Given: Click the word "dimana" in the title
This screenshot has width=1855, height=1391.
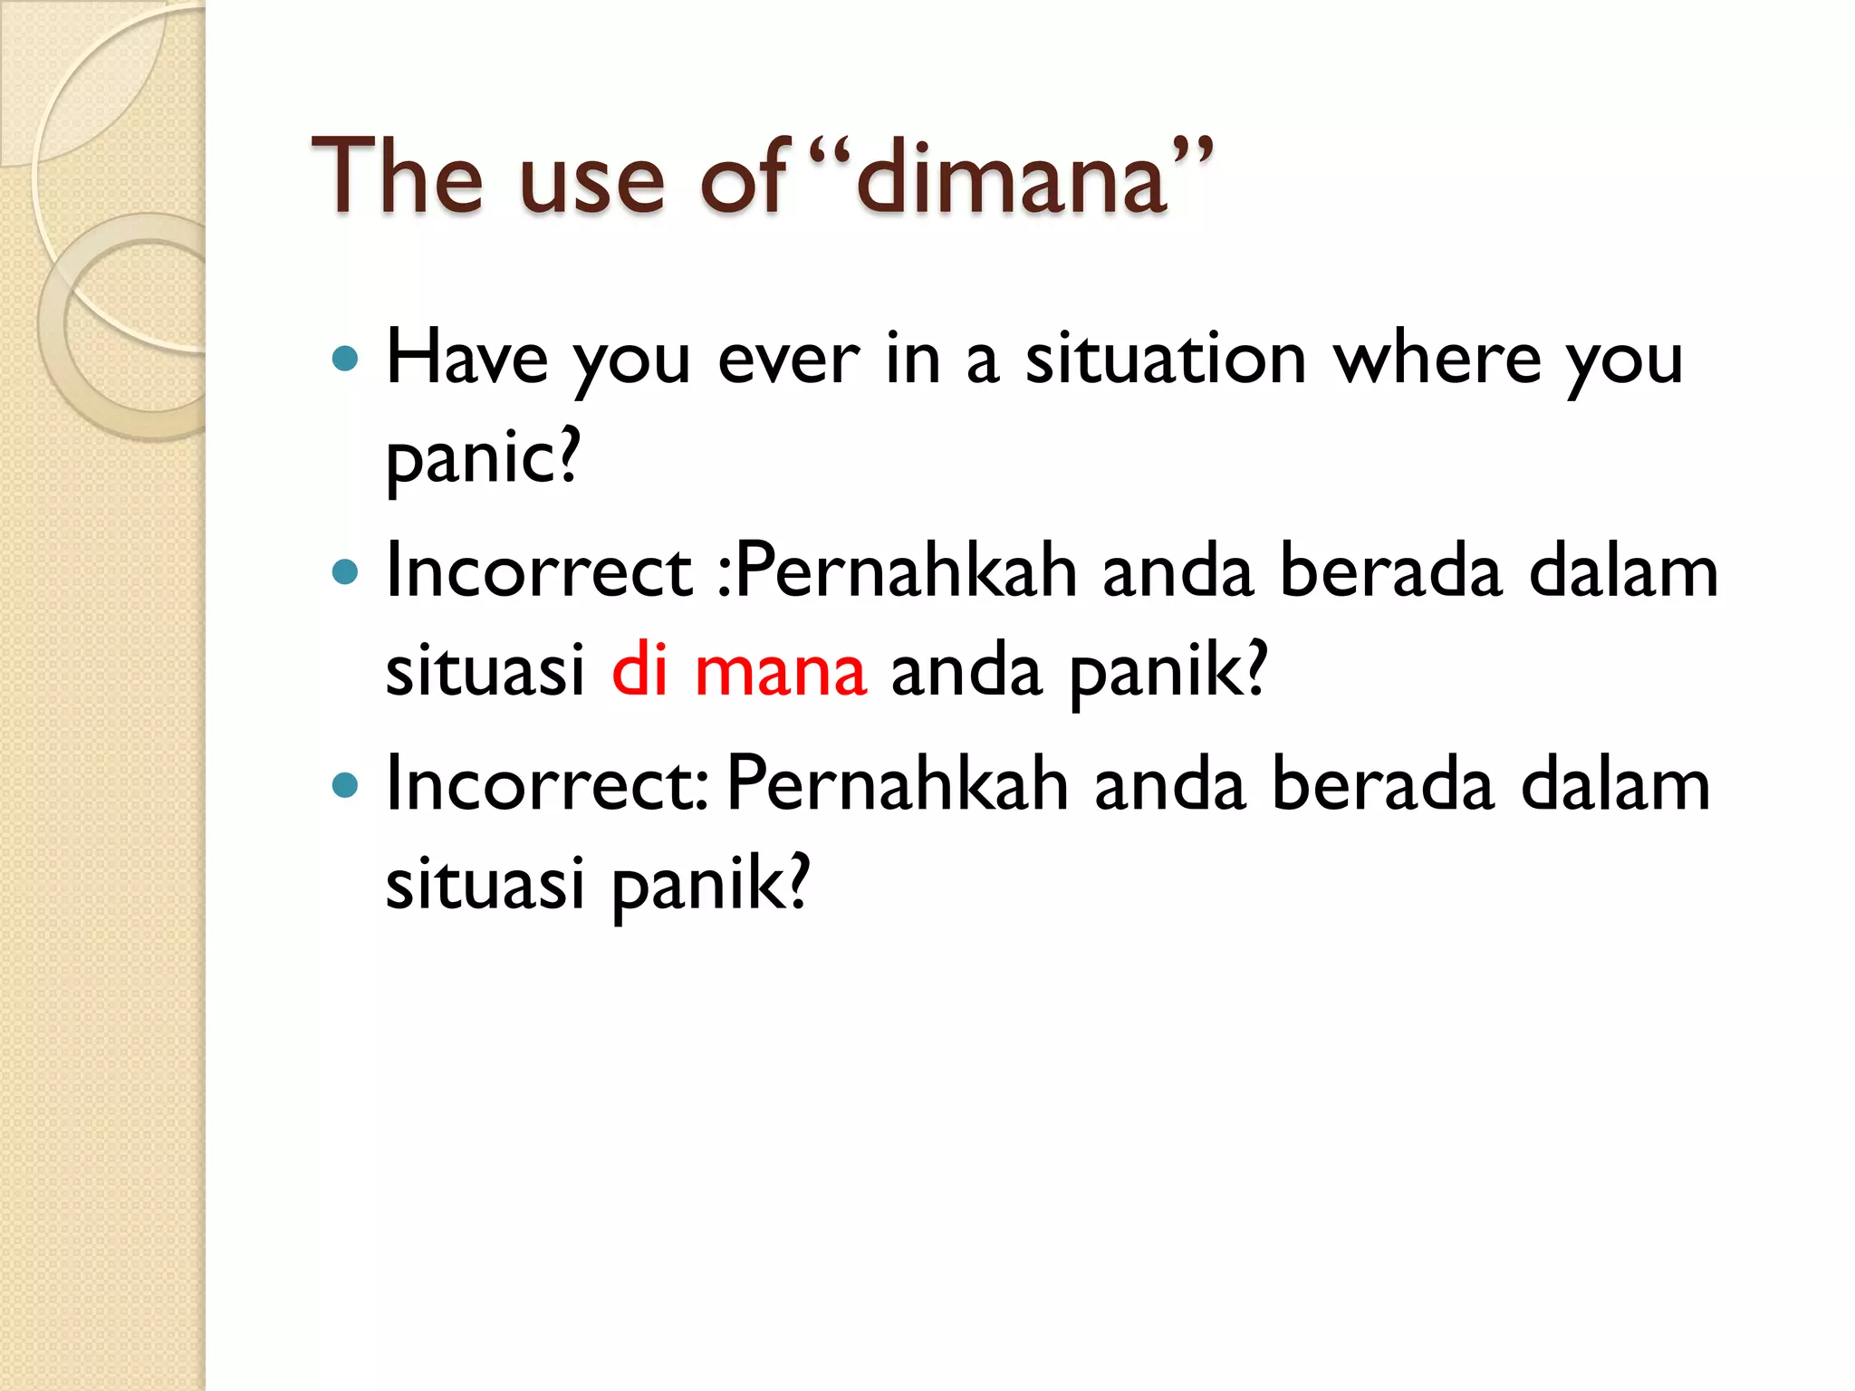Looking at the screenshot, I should [1011, 177].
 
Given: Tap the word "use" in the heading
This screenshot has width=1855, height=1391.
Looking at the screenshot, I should [593, 181].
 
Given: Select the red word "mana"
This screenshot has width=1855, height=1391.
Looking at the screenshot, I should [781, 672].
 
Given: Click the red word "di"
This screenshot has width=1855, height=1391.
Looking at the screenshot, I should [639, 670].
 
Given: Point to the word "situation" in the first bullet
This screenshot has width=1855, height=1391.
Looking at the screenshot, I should [1166, 360].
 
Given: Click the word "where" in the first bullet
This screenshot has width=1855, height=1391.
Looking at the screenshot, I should [1437, 360].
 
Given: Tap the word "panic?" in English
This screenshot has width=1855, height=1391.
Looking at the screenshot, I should [482, 458].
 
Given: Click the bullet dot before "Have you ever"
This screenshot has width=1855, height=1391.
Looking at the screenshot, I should [345, 360].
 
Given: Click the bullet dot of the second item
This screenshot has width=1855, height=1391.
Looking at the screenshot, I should [345, 572].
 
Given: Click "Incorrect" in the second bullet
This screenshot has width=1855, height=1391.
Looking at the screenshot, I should [539, 572].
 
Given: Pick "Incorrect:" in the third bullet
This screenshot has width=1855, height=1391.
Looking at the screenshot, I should [546, 785].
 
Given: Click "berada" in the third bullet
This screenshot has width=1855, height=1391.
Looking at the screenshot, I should [1382, 785].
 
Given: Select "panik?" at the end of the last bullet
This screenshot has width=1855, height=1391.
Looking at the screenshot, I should [711, 885].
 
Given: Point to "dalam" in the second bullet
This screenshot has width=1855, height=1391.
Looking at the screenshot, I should [1623, 572].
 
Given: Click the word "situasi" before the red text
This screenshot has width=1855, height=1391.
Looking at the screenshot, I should [485, 672].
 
